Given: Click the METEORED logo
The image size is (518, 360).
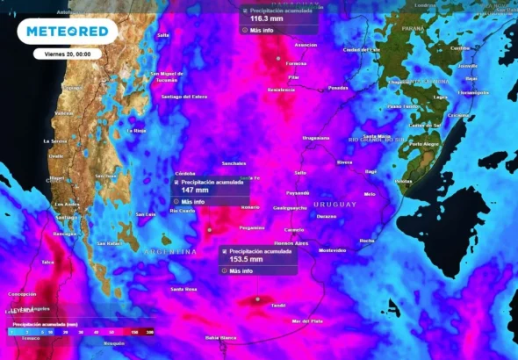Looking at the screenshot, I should [67, 31].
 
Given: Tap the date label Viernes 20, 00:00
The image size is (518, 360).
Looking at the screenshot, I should [68, 54].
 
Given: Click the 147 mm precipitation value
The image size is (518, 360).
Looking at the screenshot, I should [194, 190].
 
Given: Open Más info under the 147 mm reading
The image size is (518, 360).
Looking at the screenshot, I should [192, 201].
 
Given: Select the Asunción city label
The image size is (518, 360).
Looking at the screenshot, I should [306, 44].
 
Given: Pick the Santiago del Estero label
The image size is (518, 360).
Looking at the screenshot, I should [183, 96].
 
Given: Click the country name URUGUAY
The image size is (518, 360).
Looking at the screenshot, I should [335, 204].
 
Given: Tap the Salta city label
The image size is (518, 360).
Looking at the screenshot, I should [162, 35].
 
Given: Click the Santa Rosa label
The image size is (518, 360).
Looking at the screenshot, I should [183, 289].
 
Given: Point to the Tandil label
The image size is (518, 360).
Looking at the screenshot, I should [278, 306].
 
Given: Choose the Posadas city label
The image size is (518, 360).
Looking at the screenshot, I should [337, 88].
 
